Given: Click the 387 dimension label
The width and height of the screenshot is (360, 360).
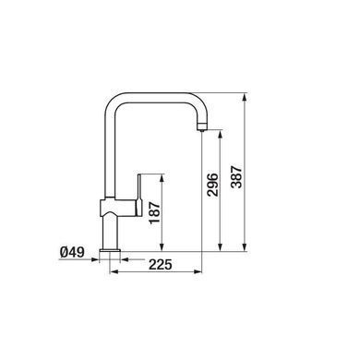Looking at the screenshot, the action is point(237,177).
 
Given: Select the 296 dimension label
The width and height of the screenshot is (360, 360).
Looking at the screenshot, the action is point(212,185).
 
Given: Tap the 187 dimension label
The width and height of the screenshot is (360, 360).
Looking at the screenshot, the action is point(154,213).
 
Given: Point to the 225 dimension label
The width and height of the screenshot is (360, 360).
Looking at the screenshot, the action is point(161,264).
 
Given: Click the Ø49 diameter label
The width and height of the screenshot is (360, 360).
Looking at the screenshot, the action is point(72,253).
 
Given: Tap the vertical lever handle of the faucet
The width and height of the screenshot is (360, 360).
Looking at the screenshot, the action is point(139,195).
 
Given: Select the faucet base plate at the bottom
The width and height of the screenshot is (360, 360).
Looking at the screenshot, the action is point(110,251).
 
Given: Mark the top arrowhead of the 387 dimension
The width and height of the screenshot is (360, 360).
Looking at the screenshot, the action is point(245,98).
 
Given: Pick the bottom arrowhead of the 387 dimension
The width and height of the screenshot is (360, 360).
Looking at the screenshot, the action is point(245,247).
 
